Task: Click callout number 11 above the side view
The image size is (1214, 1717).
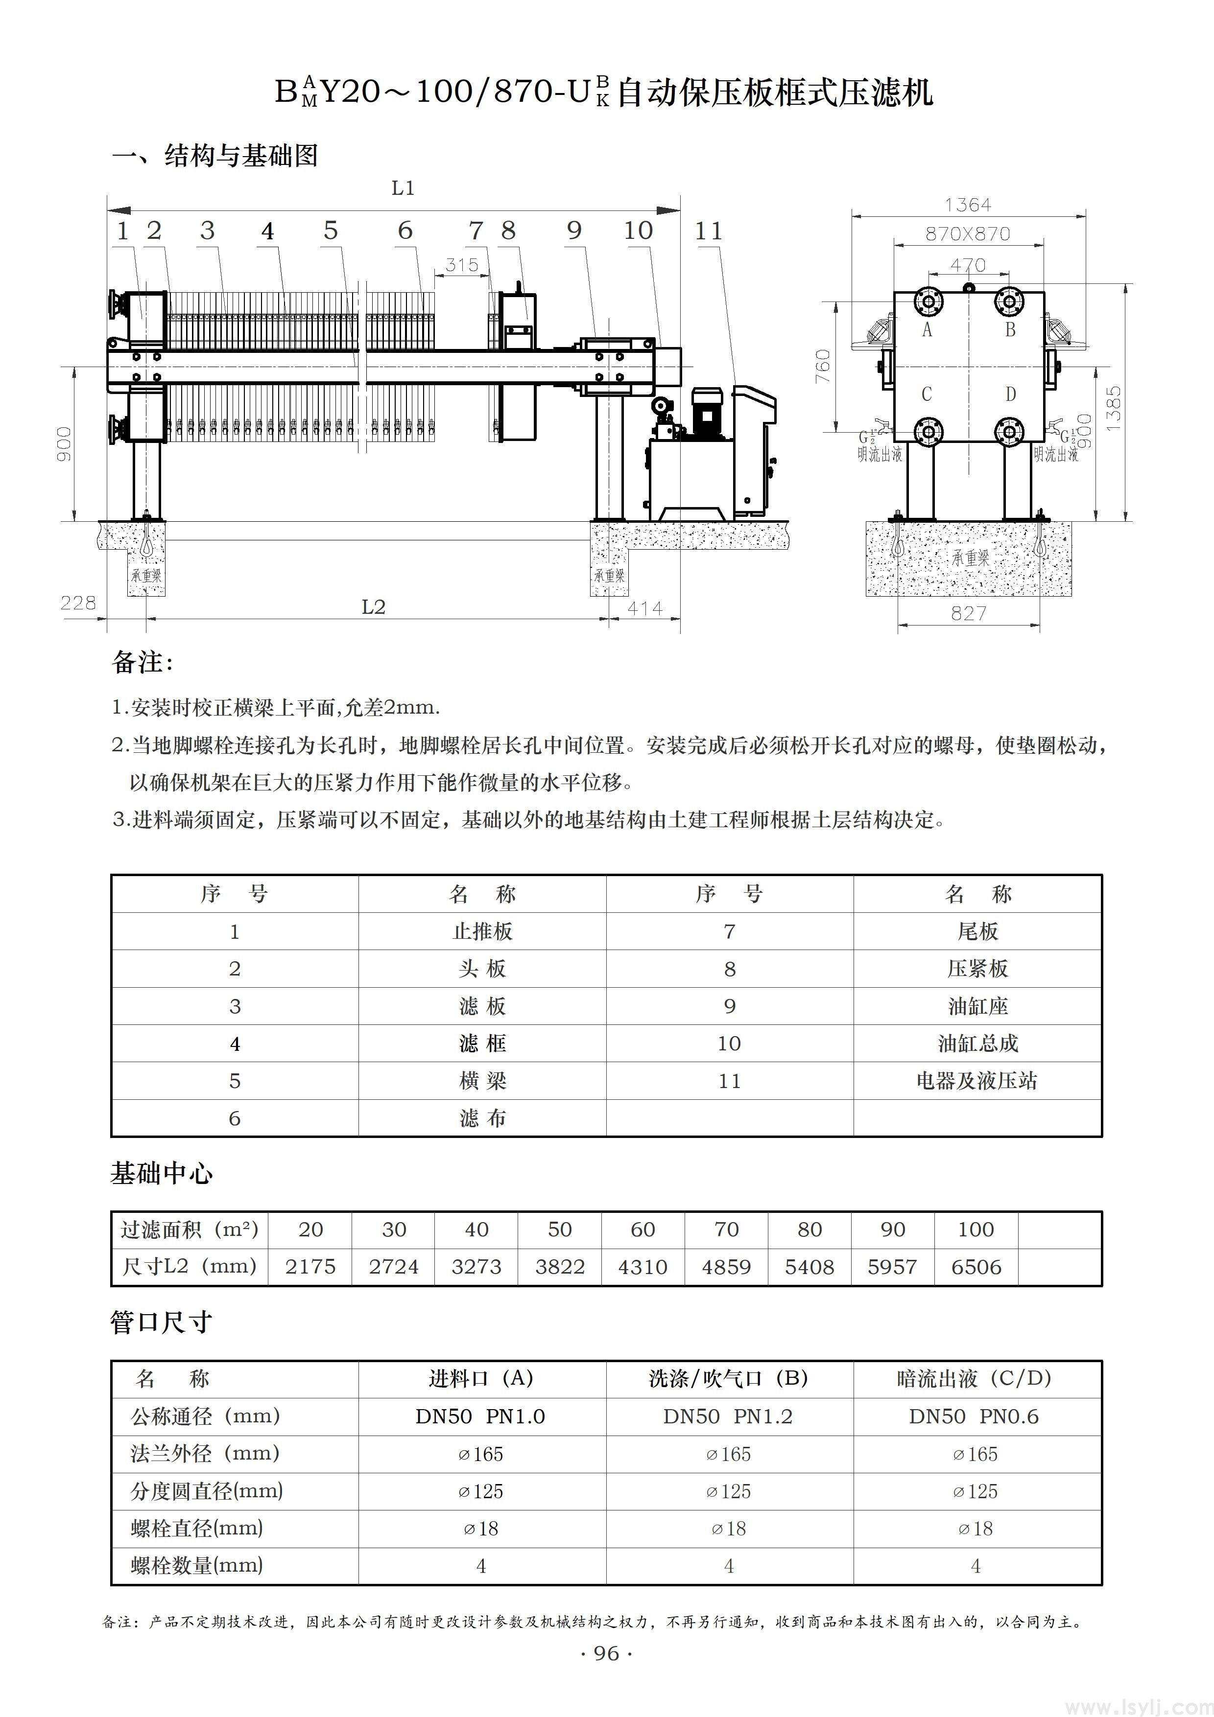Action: click(708, 232)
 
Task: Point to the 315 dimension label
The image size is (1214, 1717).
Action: click(461, 265)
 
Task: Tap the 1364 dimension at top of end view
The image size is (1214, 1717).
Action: click(967, 205)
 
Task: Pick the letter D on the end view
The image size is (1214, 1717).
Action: click(1011, 394)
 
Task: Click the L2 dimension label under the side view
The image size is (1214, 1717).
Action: click(373, 607)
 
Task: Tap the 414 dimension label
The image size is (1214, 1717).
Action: click(645, 609)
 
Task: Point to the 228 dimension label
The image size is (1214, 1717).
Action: click(78, 603)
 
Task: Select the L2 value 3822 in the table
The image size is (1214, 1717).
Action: click(560, 1267)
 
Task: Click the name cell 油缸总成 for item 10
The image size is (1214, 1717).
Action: click(977, 1043)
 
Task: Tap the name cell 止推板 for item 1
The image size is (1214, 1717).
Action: click(482, 931)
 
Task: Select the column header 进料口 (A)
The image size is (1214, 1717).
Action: click(481, 1378)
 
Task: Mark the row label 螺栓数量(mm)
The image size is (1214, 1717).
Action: click(197, 1565)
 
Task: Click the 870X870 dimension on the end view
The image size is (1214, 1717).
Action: click(967, 234)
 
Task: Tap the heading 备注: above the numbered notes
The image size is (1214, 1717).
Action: click(142, 662)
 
